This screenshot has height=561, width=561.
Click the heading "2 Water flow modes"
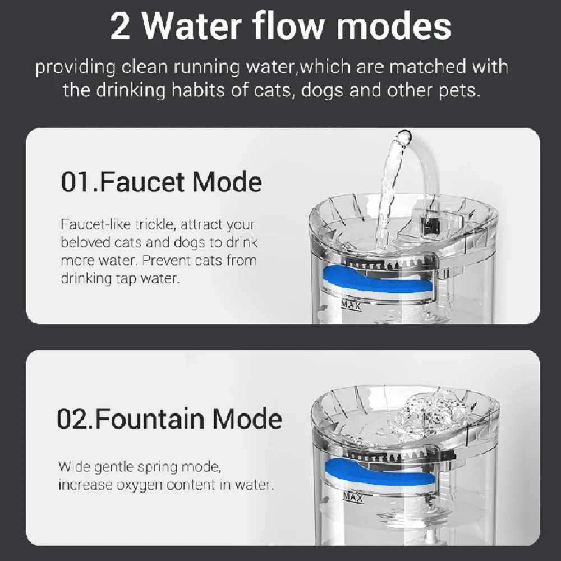(280, 26)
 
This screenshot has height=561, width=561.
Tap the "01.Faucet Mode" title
(161, 183)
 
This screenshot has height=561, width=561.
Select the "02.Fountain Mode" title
(169, 419)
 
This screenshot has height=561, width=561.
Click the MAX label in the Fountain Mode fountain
(353, 498)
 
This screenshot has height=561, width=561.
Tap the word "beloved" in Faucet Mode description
(82, 243)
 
